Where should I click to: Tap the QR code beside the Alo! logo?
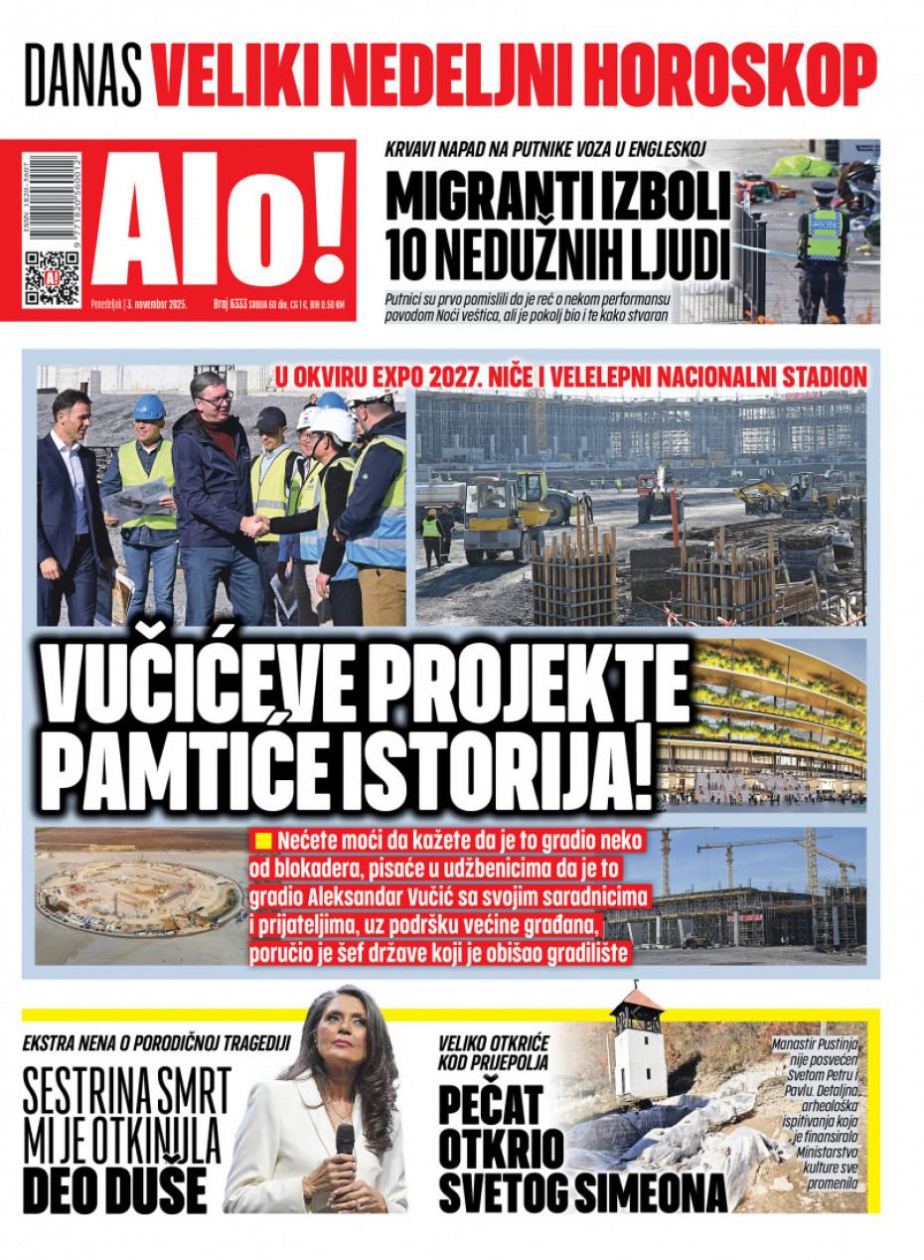(x=52, y=278)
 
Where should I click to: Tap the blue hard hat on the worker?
(x=149, y=407)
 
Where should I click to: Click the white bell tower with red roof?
(x=638, y=1043)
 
